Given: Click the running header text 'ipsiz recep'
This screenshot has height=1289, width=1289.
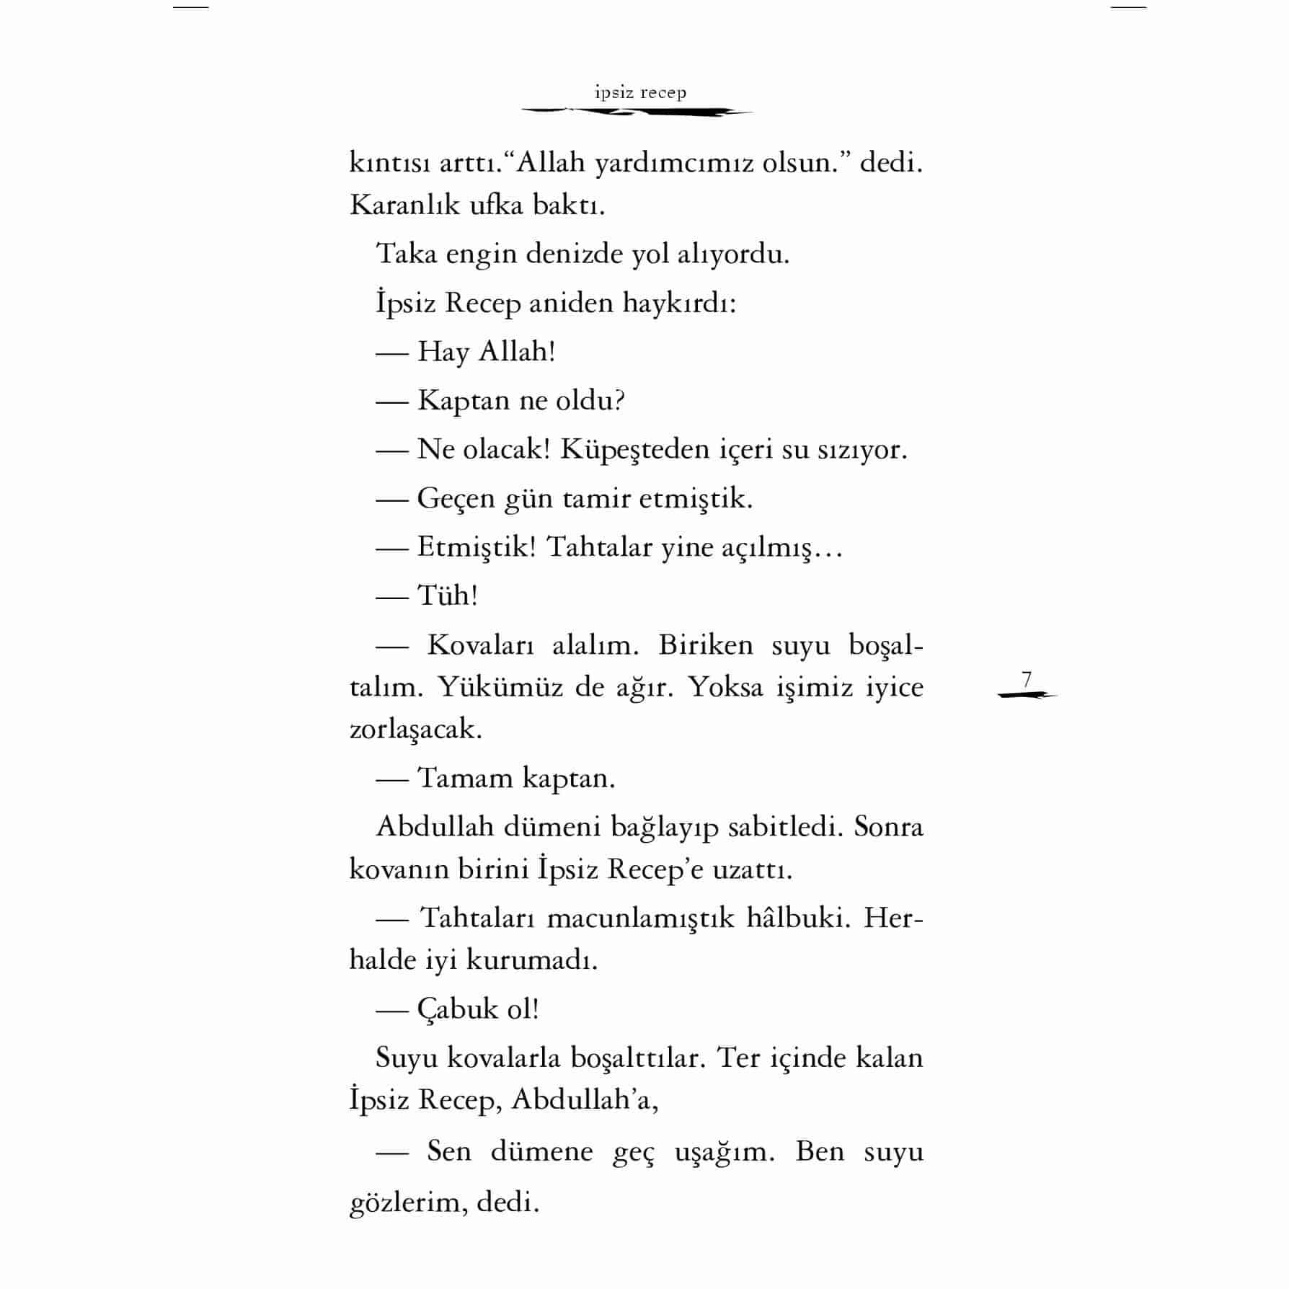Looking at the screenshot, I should tap(640, 93).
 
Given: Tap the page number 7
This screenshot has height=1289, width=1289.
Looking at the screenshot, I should tap(1027, 679).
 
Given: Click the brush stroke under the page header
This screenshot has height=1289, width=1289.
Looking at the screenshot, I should tap(637, 112).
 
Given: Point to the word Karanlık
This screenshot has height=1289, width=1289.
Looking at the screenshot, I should tap(404, 205).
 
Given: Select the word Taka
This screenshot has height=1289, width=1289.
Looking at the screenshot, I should tap(407, 254).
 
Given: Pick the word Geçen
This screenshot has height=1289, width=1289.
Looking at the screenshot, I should tap(456, 499).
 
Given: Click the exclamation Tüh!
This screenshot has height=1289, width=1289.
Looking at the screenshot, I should tap(448, 596).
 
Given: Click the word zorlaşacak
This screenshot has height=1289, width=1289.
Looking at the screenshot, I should tap(415, 730).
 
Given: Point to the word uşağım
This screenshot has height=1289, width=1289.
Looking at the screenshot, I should tap(724, 1151).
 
